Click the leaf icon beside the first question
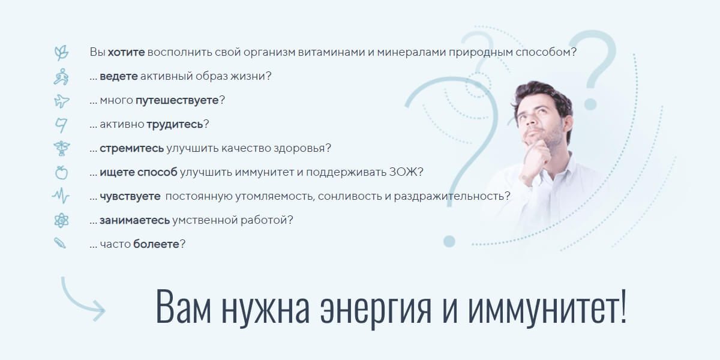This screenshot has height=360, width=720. [x=61, y=52]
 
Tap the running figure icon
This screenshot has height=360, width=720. [x=61, y=76]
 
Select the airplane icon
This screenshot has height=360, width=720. [x=61, y=100]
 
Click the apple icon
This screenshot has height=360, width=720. [x=61, y=173]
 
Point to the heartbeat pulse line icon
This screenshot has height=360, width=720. [x=61, y=196]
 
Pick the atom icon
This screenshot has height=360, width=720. [x=61, y=220]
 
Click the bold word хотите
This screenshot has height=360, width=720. [x=126, y=52]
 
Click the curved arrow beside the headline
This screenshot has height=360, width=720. [x=81, y=297]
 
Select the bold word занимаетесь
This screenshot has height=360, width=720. [x=134, y=220]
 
